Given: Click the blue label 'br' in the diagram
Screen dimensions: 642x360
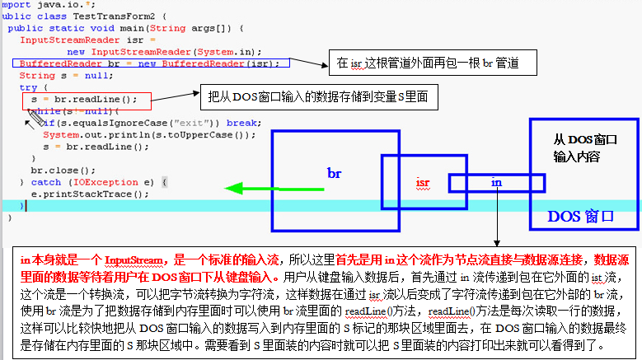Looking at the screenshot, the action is [x=334, y=174].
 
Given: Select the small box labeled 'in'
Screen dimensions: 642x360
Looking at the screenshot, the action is [x=496, y=181].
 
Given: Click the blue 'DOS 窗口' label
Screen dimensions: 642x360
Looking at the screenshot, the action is [x=581, y=217].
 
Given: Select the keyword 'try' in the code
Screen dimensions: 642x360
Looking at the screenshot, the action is [x=27, y=86].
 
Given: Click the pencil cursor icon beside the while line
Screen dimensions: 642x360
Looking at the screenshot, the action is [x=34, y=120].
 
